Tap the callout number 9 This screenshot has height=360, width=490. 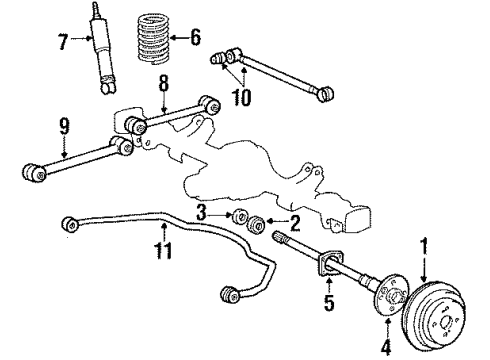click(65, 128)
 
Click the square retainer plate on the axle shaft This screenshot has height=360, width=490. click(327, 265)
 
